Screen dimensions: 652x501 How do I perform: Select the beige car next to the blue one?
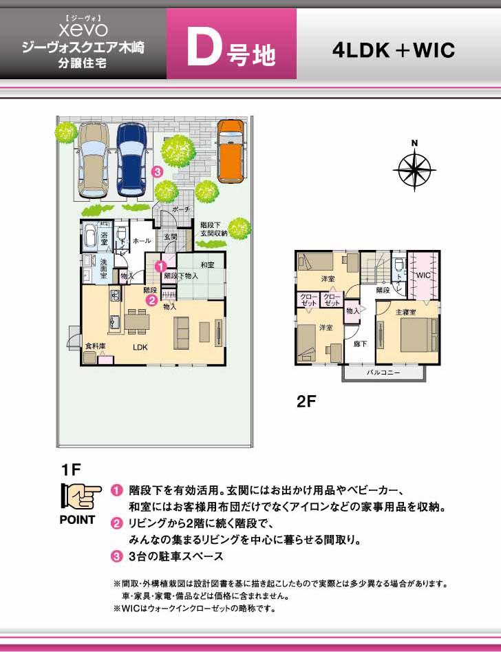(93, 160)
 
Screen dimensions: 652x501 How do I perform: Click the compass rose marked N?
(415, 167)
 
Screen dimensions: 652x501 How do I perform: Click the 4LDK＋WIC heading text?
(393, 50)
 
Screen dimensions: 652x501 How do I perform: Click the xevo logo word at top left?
(83, 30)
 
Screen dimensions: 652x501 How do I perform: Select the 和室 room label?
(208, 264)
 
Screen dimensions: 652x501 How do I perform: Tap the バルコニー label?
(383, 372)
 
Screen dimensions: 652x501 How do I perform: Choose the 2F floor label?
(306, 402)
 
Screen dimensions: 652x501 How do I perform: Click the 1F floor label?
(71, 470)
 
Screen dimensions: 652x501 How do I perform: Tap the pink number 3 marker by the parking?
(158, 171)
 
